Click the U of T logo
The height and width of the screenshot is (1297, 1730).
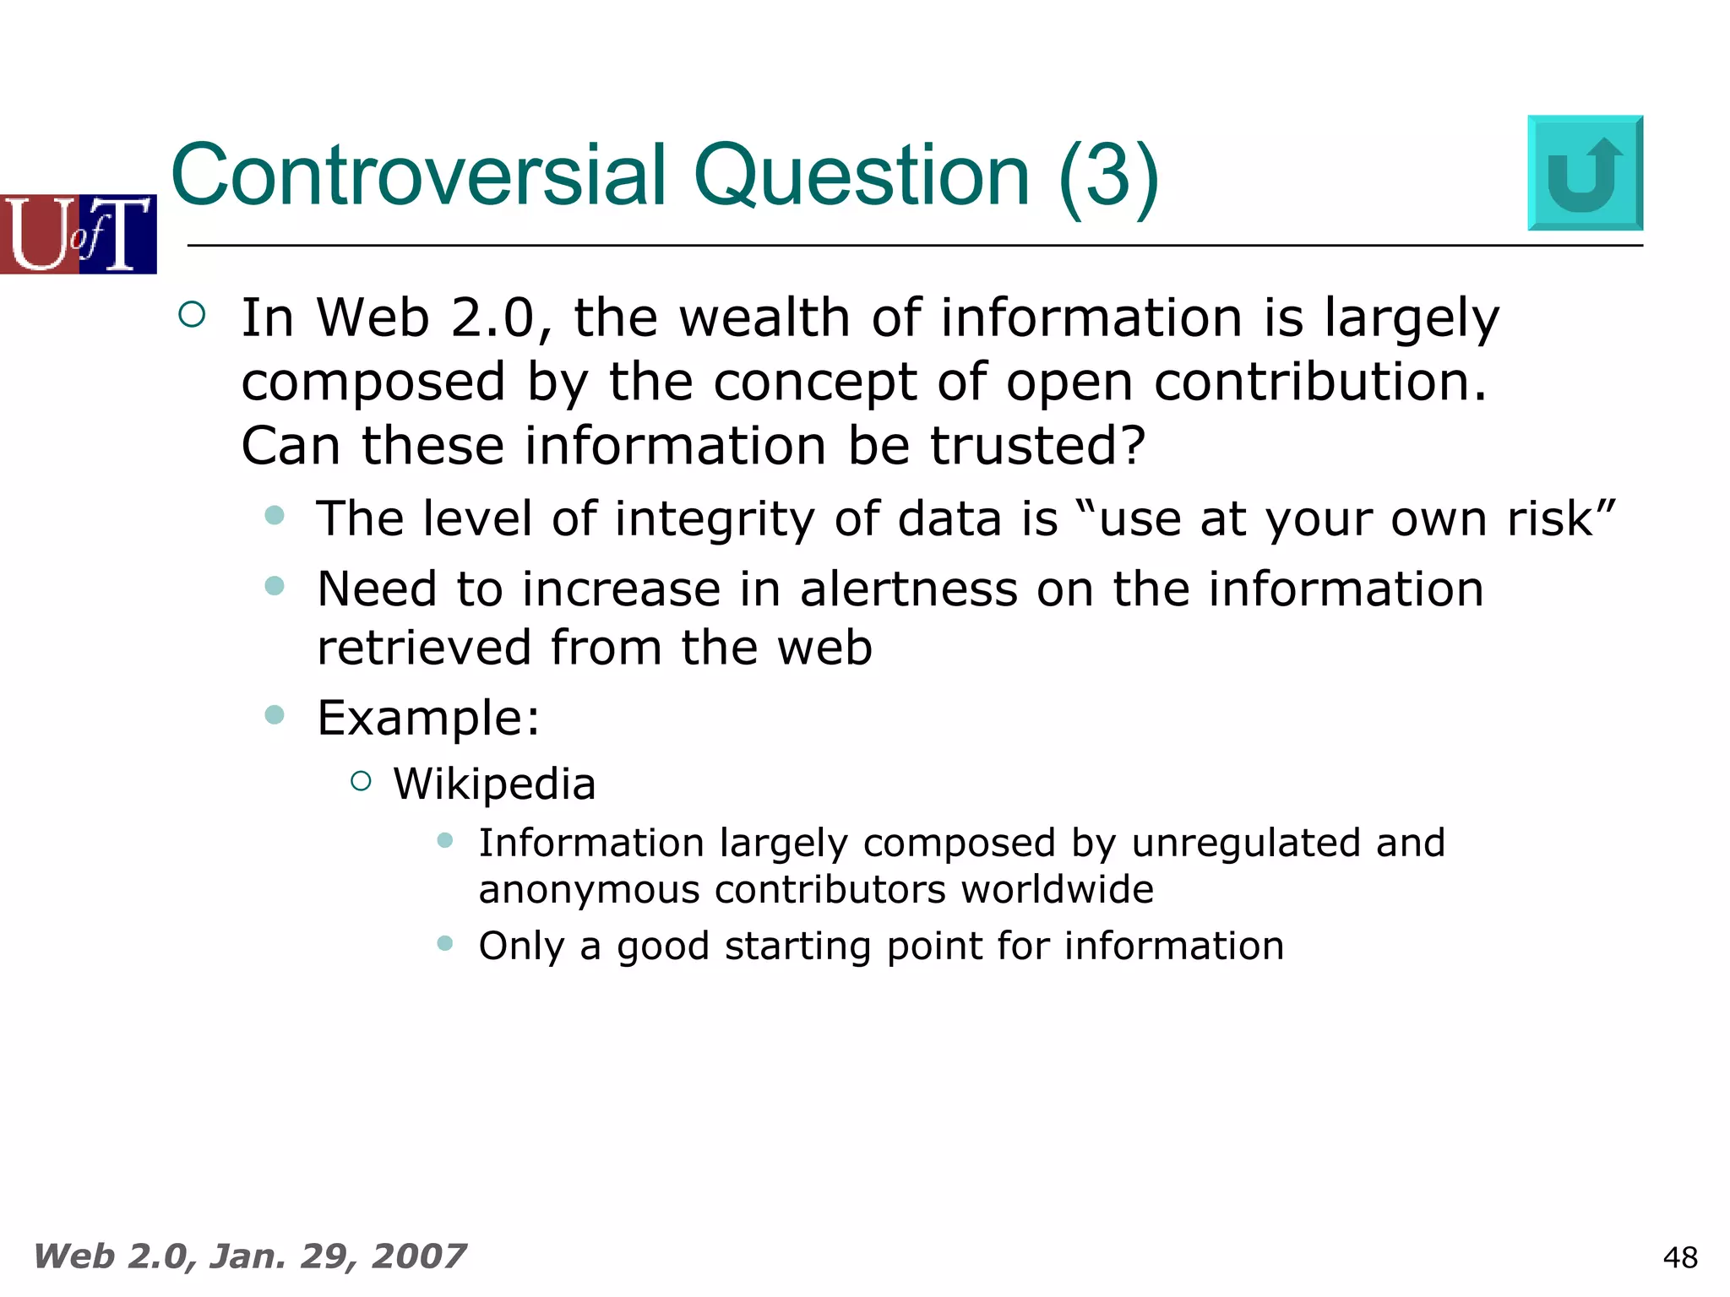(79, 234)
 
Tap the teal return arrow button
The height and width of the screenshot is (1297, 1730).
(1585, 173)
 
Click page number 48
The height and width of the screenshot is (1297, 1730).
(1679, 1257)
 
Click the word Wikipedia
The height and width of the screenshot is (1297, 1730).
(494, 784)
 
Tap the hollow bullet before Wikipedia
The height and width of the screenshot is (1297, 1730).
(361, 781)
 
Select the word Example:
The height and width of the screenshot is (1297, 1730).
(428, 719)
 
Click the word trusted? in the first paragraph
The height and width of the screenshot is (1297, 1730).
(1037, 445)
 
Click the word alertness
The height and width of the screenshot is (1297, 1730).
(909, 589)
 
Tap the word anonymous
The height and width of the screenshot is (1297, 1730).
(589, 890)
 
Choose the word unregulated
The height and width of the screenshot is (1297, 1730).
(1246, 843)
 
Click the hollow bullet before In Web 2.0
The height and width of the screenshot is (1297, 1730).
(193, 315)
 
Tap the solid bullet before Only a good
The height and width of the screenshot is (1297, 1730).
(445, 943)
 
